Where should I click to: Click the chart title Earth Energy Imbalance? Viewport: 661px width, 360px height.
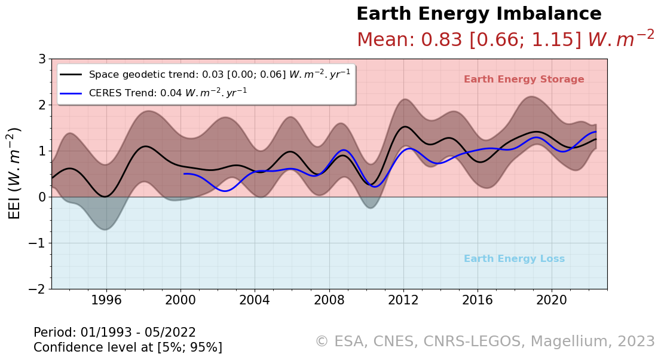pos(479,14)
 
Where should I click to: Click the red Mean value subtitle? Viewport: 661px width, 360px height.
pos(505,39)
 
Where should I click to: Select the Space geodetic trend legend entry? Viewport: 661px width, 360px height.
pos(219,74)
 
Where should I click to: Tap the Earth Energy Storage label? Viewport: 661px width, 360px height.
pos(524,80)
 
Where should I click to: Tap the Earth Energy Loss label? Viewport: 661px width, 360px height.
pos(514,259)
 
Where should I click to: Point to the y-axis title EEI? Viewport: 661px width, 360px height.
pos(14,173)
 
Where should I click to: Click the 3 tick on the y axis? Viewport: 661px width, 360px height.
pos(42,59)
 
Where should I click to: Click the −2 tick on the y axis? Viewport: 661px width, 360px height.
pos(38,289)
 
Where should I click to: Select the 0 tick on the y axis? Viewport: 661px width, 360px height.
pos(42,197)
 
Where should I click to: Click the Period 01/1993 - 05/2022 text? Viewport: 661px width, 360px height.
pos(115,332)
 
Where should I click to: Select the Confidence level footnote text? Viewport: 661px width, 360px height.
pos(128,347)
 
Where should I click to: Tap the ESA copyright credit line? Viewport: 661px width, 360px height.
pos(485,341)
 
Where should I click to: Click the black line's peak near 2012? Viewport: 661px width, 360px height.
pos(405,127)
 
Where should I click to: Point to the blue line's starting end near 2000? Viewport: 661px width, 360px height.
pos(184,174)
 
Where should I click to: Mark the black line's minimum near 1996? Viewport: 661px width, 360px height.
pos(105,196)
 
